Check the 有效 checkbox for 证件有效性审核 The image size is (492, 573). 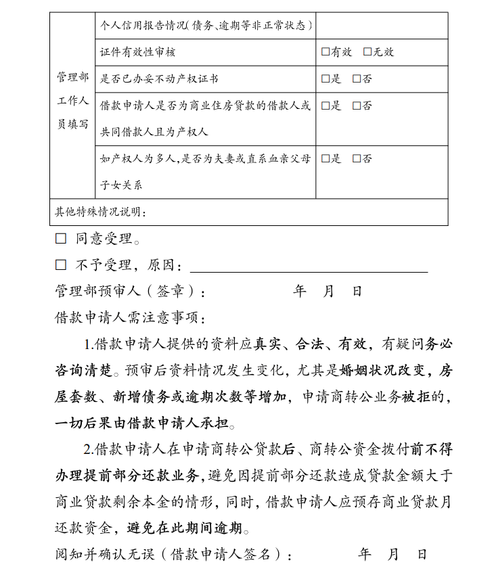pos(326,52)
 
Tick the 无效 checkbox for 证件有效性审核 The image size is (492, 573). pos(367,52)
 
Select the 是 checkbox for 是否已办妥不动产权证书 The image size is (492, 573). pos(326,78)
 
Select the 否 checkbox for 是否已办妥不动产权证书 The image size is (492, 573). pos(357,78)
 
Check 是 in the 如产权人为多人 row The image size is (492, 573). pos(326,159)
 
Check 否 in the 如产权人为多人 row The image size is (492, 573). pos(357,159)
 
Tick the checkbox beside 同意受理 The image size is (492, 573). pos(61,239)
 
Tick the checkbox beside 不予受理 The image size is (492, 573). pos(61,265)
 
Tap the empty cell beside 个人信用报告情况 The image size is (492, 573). pos(382,26)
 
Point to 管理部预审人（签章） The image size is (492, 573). pos(129,292)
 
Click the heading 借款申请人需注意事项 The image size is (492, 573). pos(129,317)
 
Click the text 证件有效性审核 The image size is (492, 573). pos(138,52)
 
